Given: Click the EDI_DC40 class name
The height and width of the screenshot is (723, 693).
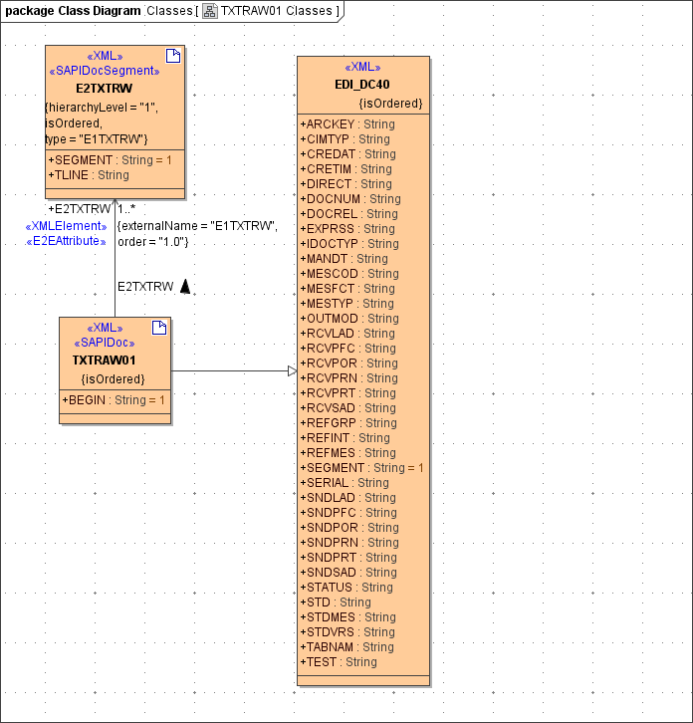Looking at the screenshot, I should pyautogui.click(x=362, y=85).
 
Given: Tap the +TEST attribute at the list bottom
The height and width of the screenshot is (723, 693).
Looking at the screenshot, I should pyautogui.click(x=339, y=662).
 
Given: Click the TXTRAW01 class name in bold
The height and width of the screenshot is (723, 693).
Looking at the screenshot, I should pyautogui.click(x=104, y=360).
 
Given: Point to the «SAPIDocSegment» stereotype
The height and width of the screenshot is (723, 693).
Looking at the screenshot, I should pyautogui.click(x=105, y=72).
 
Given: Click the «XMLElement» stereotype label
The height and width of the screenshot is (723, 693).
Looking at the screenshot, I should pyautogui.click(x=65, y=226).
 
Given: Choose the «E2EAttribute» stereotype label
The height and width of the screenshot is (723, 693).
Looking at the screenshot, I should pyautogui.click(x=65, y=241).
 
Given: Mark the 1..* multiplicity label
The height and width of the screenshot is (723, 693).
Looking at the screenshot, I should pyautogui.click(x=126, y=209).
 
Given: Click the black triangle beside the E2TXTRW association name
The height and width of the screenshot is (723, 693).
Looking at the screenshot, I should pyautogui.click(x=184, y=287).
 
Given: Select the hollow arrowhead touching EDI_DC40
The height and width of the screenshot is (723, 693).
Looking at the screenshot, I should pyautogui.click(x=292, y=371).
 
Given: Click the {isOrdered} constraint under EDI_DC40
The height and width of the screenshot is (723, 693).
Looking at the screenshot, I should pyautogui.click(x=390, y=104).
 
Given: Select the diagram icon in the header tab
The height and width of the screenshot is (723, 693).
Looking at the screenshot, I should pyautogui.click(x=210, y=11).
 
